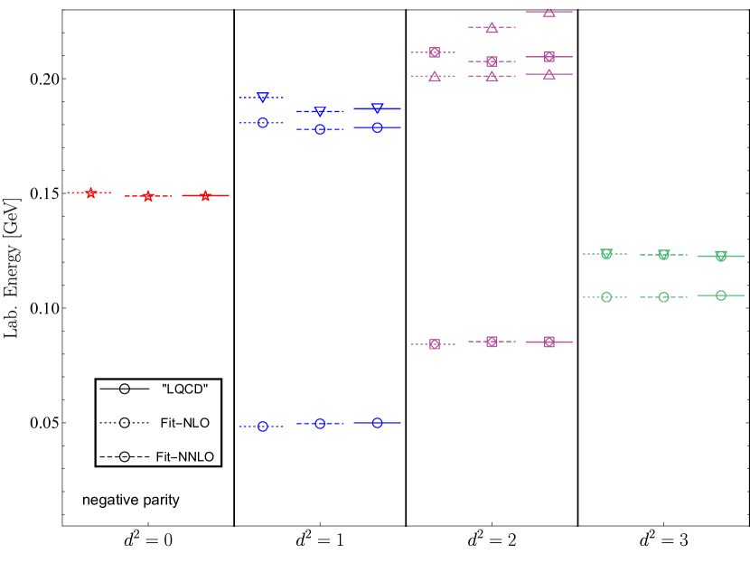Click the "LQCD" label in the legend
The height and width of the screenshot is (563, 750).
coord(184,389)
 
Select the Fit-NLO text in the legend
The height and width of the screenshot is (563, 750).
coord(183,423)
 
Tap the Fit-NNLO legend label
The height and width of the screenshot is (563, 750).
coord(184,457)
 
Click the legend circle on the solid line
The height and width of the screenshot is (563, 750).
coord(125,389)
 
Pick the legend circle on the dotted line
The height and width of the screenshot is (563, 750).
coord(125,423)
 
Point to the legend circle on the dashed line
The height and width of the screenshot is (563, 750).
coord(125,457)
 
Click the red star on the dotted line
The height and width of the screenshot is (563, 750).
coord(90,192)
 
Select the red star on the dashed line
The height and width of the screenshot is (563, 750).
coord(148,196)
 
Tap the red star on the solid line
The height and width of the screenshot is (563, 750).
coord(205,195)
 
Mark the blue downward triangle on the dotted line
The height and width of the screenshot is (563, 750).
coord(262,98)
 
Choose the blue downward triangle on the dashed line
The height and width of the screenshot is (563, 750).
coord(320,112)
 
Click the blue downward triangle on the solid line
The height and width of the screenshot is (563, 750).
coord(377,108)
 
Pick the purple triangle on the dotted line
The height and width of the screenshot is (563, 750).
coord(435,76)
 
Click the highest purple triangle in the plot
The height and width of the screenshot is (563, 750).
coord(548,12)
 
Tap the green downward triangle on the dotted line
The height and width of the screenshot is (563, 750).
coord(606,254)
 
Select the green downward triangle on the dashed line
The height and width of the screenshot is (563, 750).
coord(663,255)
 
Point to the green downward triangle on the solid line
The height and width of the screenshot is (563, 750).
coord(720,257)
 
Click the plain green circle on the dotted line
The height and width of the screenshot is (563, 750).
coord(606,296)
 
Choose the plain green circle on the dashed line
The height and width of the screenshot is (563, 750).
coord(663,296)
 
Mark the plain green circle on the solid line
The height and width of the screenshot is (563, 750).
coord(720,296)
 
